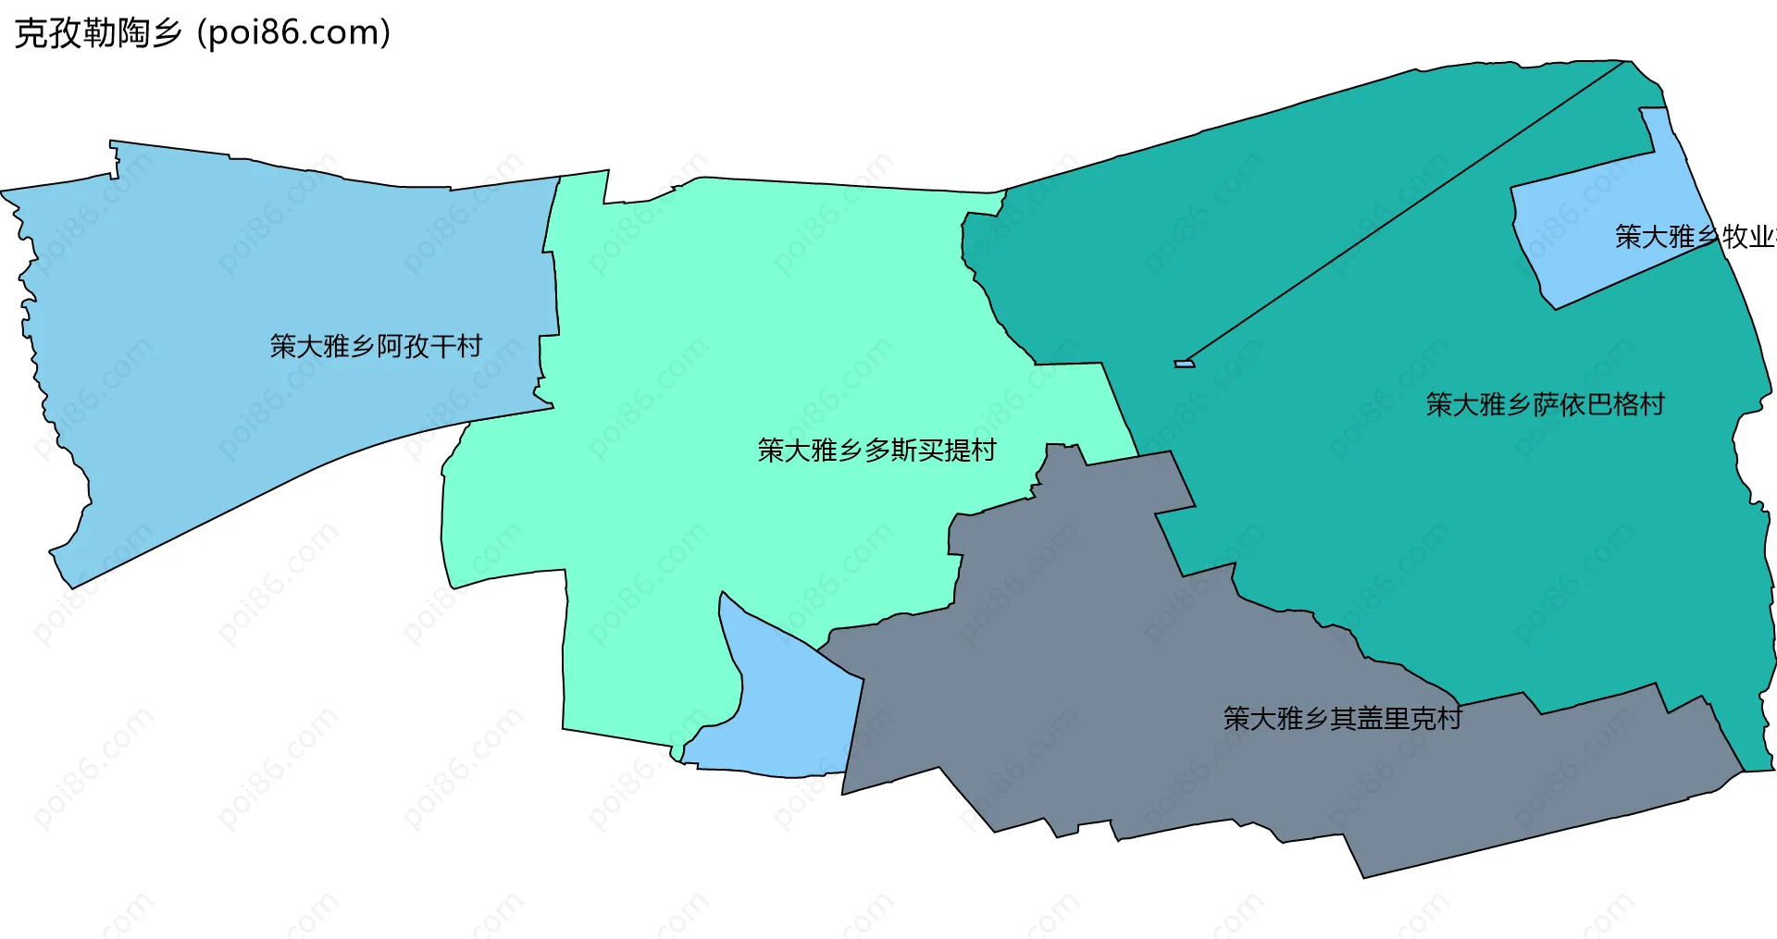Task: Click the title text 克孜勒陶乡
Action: click(x=98, y=33)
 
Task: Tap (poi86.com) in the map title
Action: click(x=294, y=33)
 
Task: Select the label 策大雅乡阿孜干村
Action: click(x=376, y=346)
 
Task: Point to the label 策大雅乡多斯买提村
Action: click(x=876, y=451)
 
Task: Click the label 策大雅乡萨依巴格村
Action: click(x=1545, y=404)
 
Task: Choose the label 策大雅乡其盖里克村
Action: click(x=1342, y=718)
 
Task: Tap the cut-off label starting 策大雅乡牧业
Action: click(x=1694, y=237)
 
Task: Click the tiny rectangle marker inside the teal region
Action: click(x=1184, y=364)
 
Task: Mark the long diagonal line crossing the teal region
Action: click(x=1407, y=213)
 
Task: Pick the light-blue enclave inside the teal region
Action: click(x=1592, y=222)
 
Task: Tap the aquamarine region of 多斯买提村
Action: click(x=740, y=370)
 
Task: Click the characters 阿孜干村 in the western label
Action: click(x=429, y=346)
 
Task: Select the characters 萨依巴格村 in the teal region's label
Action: click(x=1598, y=404)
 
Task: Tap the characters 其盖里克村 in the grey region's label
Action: click(x=1396, y=718)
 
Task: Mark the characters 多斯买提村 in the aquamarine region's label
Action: click(x=930, y=451)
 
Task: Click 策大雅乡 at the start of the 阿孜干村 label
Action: click(x=322, y=346)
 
